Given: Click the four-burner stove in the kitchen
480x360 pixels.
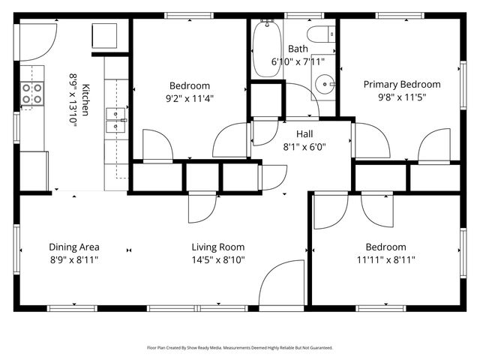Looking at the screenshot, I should (32, 94).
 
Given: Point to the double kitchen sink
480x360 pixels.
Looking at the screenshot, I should (115, 119).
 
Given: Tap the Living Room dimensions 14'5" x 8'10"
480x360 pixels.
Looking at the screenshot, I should (217, 259).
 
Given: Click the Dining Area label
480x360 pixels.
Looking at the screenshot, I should (74, 247).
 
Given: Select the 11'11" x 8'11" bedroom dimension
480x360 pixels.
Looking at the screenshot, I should (385, 259).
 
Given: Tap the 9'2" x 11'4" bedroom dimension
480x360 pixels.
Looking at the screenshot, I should (189, 97).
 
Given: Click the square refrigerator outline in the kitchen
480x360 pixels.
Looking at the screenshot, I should (103, 34).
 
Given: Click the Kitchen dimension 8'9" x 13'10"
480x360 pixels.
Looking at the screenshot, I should (73, 98).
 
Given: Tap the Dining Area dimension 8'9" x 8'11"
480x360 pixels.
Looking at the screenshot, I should (74, 259).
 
